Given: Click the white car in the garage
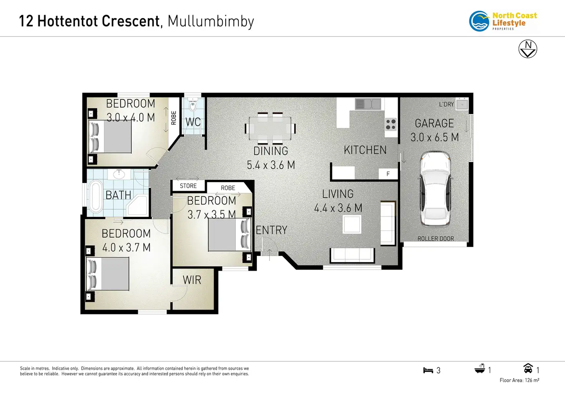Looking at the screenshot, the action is click(435, 188).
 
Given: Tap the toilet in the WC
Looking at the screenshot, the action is click(193, 105).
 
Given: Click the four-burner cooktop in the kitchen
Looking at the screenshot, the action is click(391, 125).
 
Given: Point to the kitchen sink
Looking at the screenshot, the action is click(368, 104).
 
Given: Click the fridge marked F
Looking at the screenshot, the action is click(388, 174).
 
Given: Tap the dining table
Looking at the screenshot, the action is click(270, 128).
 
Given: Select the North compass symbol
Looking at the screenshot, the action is click(528, 49).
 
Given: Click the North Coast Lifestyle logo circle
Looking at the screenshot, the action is click(479, 21).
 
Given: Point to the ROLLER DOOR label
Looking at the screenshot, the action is click(436, 239).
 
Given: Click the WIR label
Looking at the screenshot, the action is click(192, 280).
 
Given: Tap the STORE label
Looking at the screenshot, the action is click(188, 186).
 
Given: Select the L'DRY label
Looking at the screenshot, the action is click(446, 104).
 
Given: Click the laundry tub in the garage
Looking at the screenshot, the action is click(462, 104).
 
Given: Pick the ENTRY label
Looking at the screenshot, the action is click(271, 230).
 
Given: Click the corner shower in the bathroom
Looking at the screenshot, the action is click(137, 205).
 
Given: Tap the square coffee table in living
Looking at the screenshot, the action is click(352, 224).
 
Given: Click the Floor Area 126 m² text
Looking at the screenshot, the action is click(519, 380).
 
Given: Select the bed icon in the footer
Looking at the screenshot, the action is click(428, 370).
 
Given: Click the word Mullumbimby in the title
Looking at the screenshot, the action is click(211, 21).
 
